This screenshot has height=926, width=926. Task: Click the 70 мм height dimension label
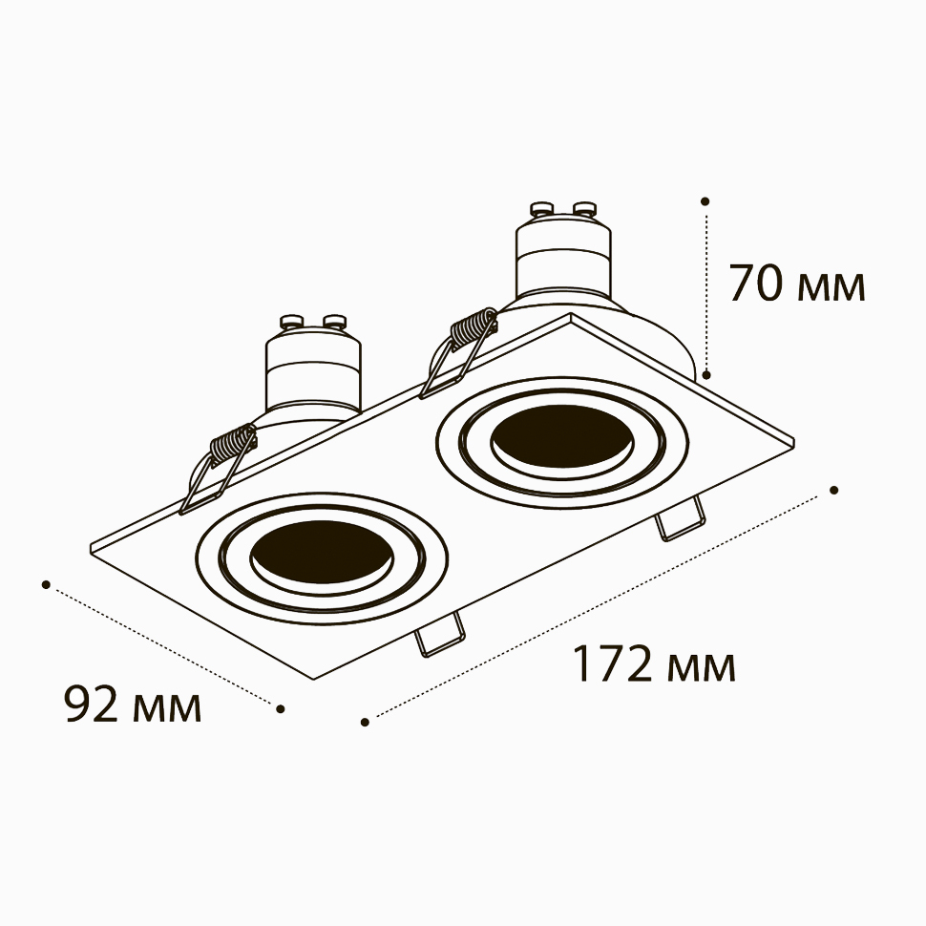[797, 284]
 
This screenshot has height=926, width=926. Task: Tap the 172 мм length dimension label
[654, 664]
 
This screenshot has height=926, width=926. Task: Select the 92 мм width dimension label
[133, 705]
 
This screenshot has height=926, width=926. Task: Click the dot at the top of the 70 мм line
[705, 201]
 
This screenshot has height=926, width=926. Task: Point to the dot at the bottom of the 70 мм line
[706, 374]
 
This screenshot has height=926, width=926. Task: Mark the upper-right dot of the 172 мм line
[833, 490]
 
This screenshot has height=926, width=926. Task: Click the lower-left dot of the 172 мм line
[365, 722]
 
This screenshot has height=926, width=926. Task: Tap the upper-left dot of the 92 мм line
[46, 584]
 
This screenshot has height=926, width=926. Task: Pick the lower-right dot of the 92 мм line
[281, 708]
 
